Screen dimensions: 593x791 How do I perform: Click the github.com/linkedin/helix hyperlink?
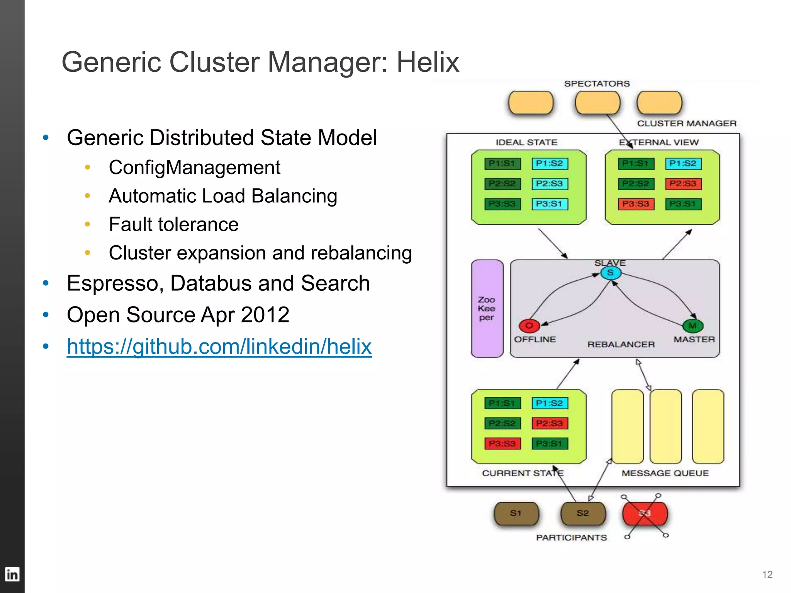219,346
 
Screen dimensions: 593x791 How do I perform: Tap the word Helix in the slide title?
428,62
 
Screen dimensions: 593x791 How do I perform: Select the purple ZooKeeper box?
487,308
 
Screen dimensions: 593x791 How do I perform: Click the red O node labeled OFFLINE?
529,325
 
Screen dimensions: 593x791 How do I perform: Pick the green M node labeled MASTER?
693,325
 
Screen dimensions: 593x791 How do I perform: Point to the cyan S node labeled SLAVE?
611,273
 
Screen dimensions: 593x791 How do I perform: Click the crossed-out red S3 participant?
645,513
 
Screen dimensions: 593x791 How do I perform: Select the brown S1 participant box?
516,513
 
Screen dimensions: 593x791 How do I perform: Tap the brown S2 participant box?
583,513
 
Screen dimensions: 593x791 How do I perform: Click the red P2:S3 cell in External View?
683,184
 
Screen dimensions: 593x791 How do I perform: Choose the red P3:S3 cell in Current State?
502,444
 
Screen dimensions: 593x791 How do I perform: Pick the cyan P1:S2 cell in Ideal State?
549,164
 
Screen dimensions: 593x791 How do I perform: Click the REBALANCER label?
621,344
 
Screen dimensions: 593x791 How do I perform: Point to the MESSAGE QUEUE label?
665,473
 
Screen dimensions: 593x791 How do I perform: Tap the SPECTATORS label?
597,84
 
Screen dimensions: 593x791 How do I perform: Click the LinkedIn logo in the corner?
12,574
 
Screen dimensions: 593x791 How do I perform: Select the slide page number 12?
767,574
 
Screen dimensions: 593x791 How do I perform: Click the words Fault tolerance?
174,224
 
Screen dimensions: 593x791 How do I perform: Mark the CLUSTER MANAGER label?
687,124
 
